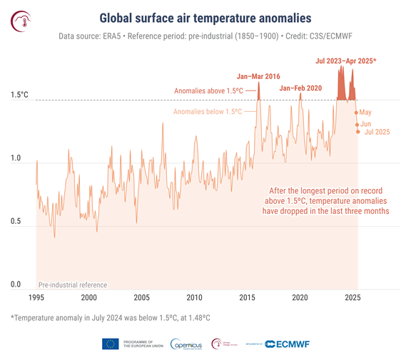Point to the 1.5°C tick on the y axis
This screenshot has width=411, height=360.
pyautogui.click(x=19, y=95)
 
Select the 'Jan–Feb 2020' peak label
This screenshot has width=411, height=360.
pyautogui.click(x=302, y=88)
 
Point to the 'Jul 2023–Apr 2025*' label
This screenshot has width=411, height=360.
pyautogui.click(x=347, y=62)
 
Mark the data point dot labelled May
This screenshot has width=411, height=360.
pyautogui.click(x=355, y=112)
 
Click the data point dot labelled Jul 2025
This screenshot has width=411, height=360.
pyautogui.click(x=358, y=131)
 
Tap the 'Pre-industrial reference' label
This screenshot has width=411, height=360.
pyautogui.click(x=72, y=284)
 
